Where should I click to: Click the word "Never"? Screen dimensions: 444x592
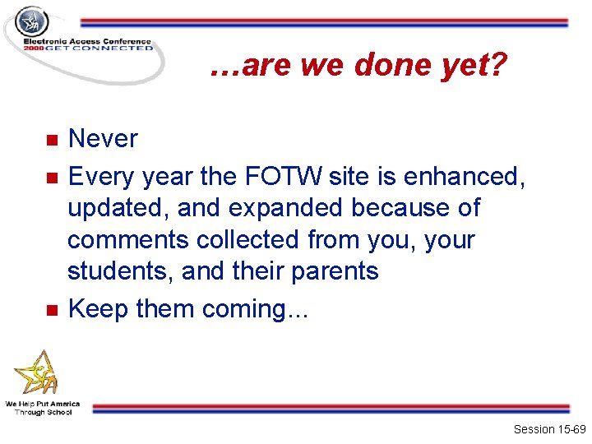[103, 139]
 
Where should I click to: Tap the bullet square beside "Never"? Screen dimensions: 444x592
[51, 140]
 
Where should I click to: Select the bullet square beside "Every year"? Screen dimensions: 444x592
[51, 178]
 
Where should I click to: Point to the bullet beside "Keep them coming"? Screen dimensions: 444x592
[51, 310]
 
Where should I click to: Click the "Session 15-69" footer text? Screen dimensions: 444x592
[548, 429]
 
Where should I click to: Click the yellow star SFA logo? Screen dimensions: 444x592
[38, 374]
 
